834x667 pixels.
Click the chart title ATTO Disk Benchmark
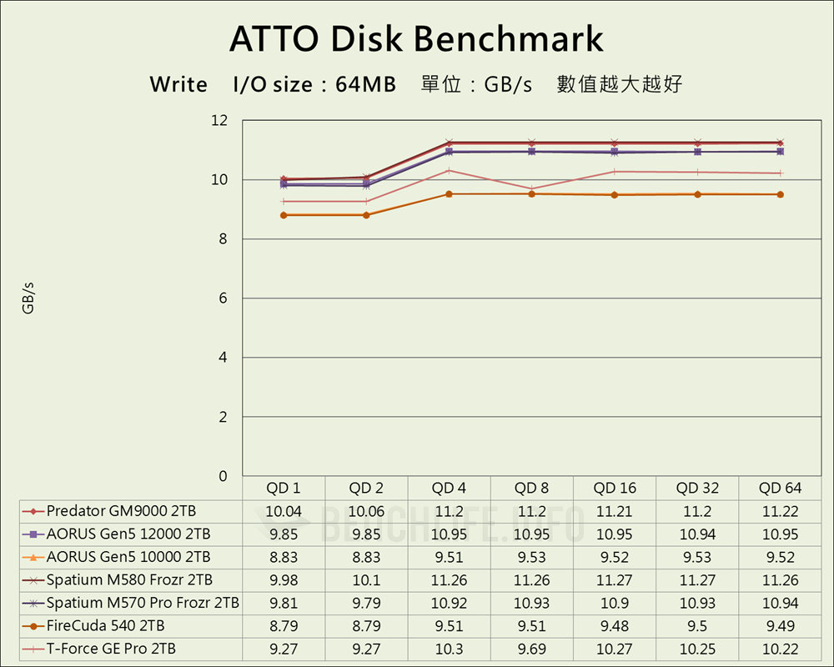[416, 39]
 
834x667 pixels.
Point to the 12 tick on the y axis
[219, 121]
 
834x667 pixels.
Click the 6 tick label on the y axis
[223, 298]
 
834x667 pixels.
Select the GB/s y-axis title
[28, 298]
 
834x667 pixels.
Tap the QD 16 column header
[615, 488]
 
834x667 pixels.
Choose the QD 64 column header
[781, 488]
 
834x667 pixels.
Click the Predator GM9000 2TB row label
[121, 511]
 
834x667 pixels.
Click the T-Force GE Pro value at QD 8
[531, 649]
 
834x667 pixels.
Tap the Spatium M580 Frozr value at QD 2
[366, 580]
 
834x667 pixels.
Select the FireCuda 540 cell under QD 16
[615, 625]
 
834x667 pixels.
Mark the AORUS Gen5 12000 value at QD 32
[697, 534]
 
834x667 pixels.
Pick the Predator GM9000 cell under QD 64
[781, 511]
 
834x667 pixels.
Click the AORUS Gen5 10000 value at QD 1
[284, 557]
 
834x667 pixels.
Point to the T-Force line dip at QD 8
[532, 188]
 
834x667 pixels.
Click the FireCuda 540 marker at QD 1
[284, 215]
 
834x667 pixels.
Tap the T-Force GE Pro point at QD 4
[450, 170]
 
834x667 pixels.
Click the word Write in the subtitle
[178, 84]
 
